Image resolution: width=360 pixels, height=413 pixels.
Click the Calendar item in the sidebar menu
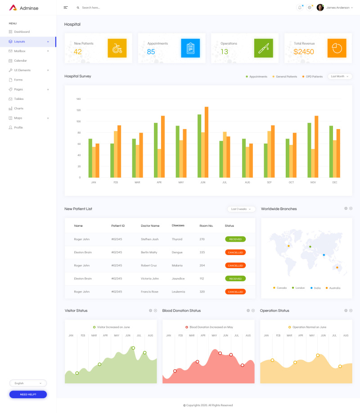click(x=20, y=60)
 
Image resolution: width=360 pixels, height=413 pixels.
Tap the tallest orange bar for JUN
click(x=207, y=142)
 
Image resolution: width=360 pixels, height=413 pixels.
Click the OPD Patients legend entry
click(x=314, y=76)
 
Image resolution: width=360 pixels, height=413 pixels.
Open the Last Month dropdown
click(x=340, y=76)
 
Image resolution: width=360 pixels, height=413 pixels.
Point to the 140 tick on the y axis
click(x=78, y=99)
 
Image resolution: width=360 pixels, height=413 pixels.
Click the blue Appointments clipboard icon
click(x=190, y=48)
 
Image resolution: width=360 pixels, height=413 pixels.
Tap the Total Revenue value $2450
click(x=304, y=52)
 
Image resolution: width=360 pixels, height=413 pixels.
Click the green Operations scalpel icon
click(x=263, y=48)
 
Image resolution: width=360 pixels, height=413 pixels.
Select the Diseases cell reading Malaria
click(x=177, y=265)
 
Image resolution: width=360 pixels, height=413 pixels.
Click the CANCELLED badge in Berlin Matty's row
click(x=235, y=252)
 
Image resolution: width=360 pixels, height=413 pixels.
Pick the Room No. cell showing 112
click(x=202, y=278)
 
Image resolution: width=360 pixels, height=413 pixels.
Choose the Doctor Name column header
click(x=150, y=226)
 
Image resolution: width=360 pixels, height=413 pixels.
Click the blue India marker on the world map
click(x=324, y=255)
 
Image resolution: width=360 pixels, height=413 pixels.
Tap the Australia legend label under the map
click(x=334, y=287)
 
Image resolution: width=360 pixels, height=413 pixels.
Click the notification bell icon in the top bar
click(x=300, y=8)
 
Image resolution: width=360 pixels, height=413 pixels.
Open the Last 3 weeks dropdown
click(x=242, y=209)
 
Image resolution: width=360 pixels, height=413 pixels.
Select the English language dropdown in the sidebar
click(x=28, y=383)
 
